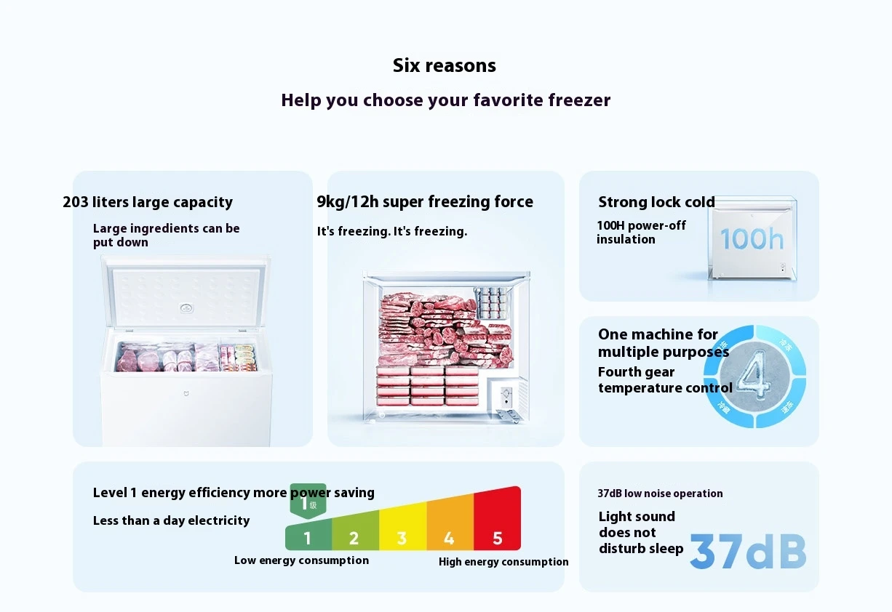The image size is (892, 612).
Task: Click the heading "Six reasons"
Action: pos(444,65)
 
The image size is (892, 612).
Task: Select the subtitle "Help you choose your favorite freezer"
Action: pos(445,100)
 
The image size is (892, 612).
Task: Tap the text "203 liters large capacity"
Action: pos(148,202)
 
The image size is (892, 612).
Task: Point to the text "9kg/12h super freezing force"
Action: pos(425,202)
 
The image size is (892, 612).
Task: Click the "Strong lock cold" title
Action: pos(656,202)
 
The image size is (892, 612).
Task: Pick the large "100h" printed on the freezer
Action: pos(752,238)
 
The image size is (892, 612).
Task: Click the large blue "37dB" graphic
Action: pos(748,552)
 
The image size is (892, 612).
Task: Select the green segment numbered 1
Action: pos(308,538)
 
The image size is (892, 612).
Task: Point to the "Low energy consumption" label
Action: pos(301,560)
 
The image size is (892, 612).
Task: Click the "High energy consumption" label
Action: pos(503,562)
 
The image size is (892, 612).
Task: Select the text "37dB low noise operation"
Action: pos(660,494)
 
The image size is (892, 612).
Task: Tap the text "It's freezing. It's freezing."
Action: pos(391,231)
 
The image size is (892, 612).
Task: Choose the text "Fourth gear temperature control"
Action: pos(665,380)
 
